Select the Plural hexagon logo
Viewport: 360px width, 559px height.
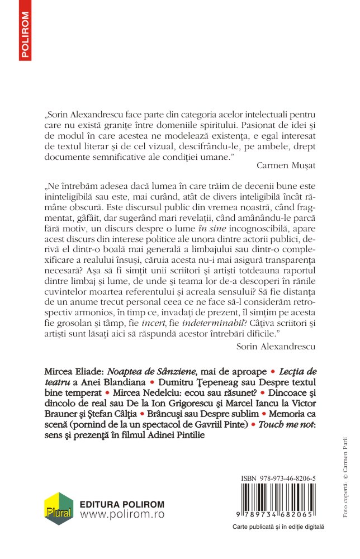pos(59,509)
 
